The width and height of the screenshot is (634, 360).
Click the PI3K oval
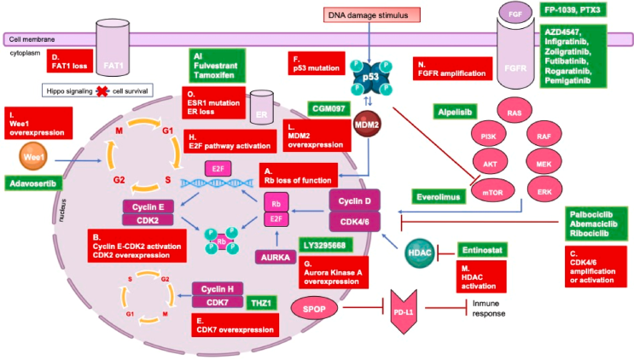tap(488, 136)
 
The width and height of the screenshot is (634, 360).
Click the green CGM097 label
tap(331, 108)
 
